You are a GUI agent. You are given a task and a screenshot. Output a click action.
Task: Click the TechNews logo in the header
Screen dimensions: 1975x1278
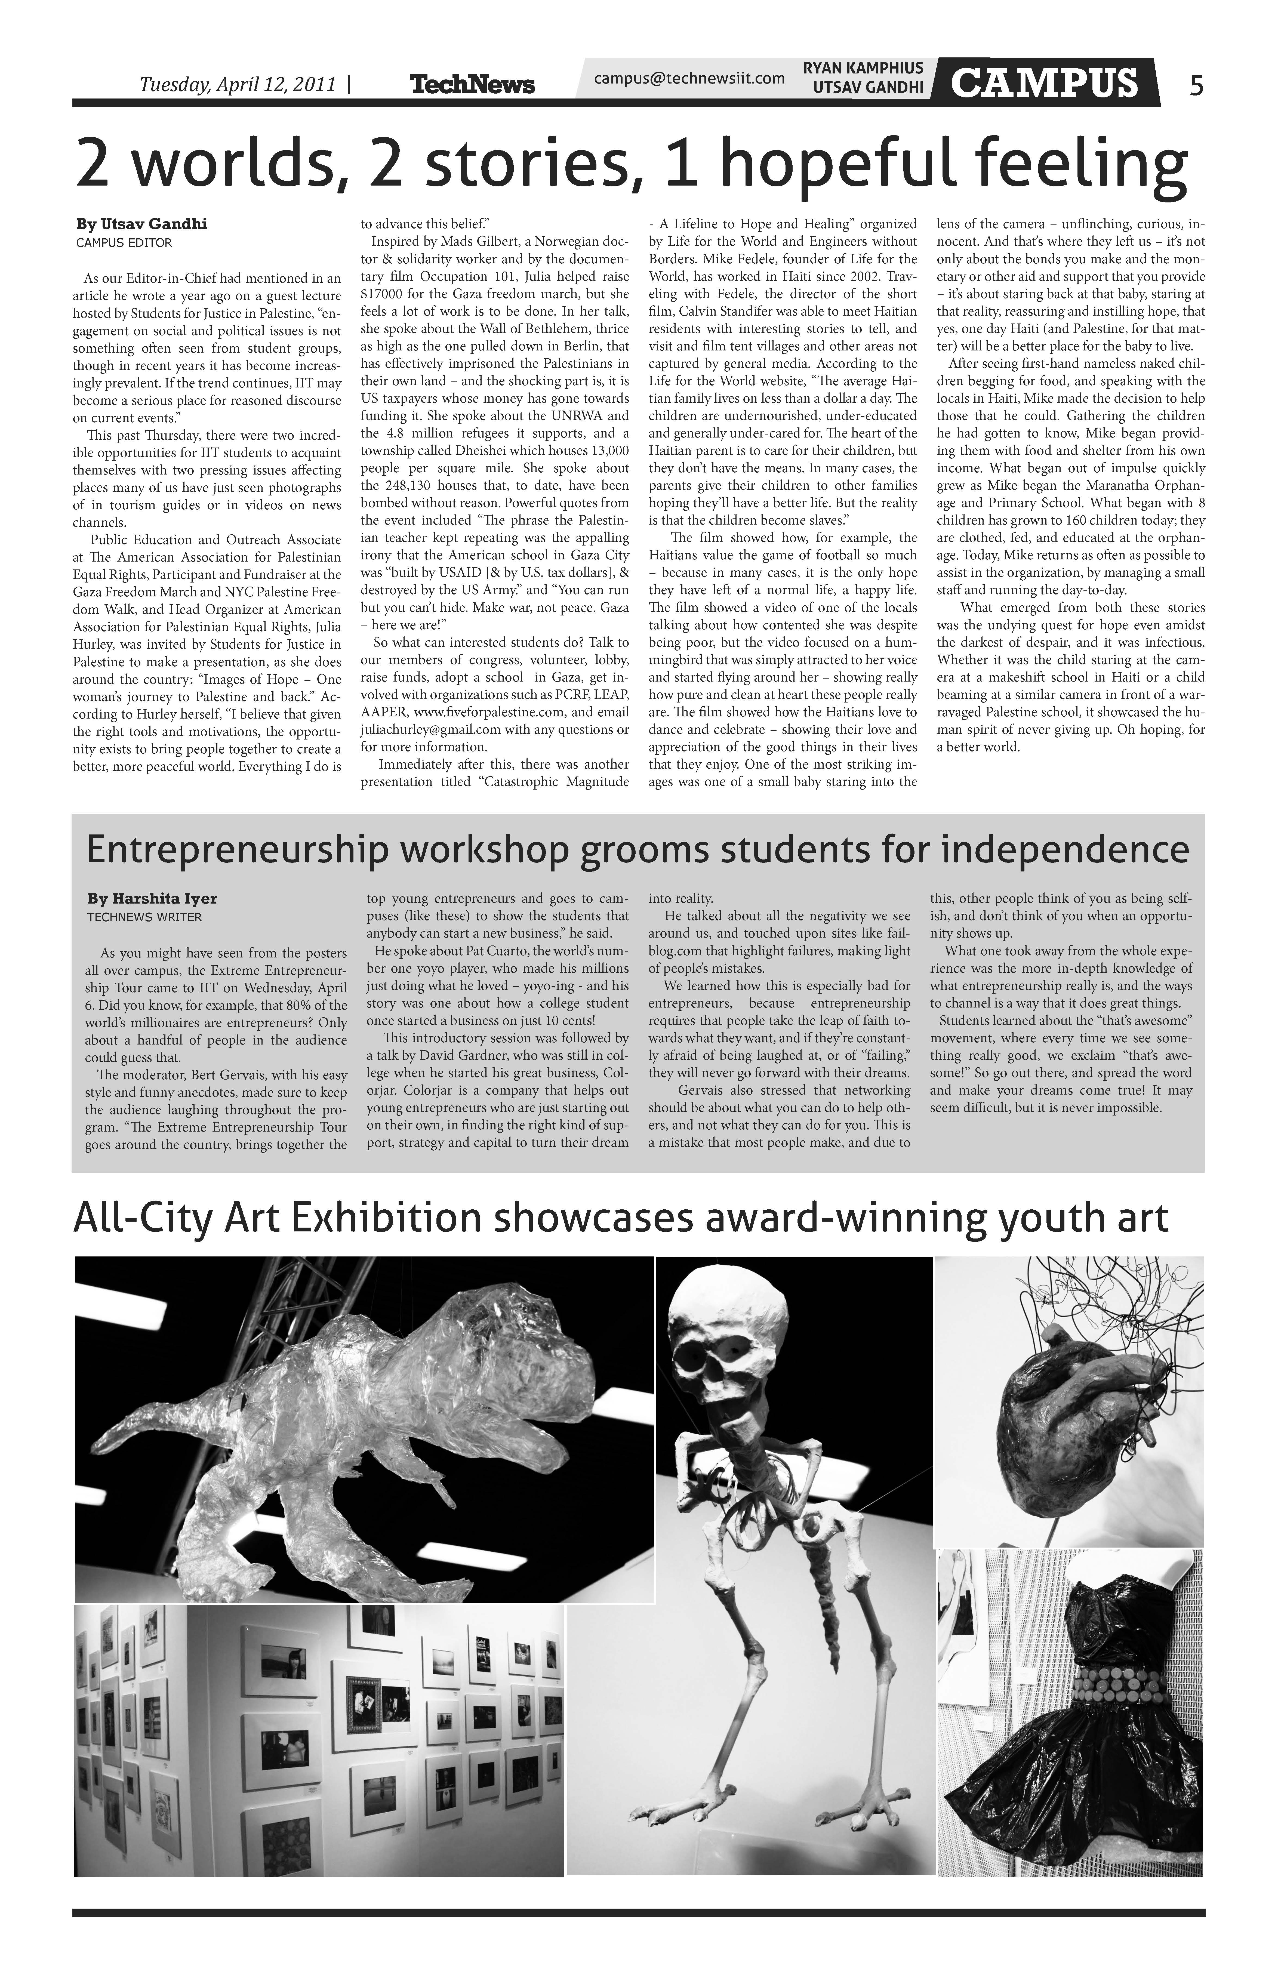pos(472,84)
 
